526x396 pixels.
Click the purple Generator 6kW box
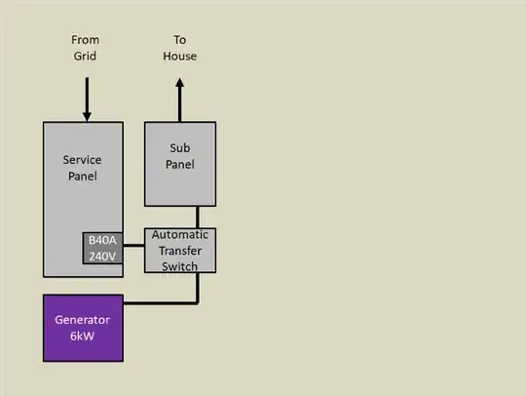[83, 327]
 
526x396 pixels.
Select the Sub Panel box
[180, 164]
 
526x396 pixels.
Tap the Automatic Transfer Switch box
[180, 250]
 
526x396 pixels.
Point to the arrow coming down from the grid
[87, 99]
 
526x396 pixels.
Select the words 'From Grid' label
[86, 48]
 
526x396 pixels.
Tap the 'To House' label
[180, 48]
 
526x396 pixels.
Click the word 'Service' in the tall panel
[83, 159]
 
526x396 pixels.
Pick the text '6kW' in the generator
[83, 336]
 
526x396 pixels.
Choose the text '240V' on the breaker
[102, 257]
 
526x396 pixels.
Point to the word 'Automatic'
[180, 236]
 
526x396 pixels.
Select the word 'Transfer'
[180, 251]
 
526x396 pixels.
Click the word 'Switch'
[180, 265]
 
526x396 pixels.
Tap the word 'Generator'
[83, 320]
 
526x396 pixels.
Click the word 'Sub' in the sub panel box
[180, 147]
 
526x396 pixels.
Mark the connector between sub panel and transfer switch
[198, 217]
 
